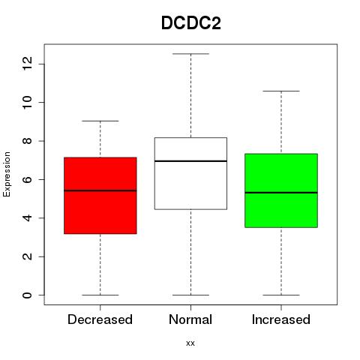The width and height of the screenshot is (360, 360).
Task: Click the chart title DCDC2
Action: click(x=191, y=22)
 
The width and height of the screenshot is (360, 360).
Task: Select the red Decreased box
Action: click(x=100, y=196)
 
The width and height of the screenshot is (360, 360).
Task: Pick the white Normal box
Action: click(x=190, y=173)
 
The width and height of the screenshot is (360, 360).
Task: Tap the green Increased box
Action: click(x=281, y=190)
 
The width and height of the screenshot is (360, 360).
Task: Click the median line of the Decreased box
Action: click(x=100, y=190)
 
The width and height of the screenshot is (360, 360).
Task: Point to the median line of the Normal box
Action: click(x=190, y=161)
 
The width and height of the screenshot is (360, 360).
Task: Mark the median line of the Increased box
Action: click(x=281, y=193)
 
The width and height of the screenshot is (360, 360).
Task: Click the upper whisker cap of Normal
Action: click(x=190, y=54)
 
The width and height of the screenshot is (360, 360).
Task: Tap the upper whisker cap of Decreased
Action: click(x=100, y=121)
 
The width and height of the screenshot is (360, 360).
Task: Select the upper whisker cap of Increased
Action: click(x=281, y=91)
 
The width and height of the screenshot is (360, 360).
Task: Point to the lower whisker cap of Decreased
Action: click(x=100, y=295)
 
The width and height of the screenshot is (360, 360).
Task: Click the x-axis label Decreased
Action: click(x=100, y=319)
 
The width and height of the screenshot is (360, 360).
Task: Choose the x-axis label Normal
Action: click(x=190, y=319)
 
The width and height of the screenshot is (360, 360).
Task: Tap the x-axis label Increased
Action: click(x=281, y=319)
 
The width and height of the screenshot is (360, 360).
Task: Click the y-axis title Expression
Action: click(x=7, y=174)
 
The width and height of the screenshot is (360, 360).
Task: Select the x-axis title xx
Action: click(x=190, y=343)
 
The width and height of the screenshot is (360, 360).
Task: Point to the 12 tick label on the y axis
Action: click(x=27, y=64)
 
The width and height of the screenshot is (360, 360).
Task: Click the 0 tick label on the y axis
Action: click(x=27, y=295)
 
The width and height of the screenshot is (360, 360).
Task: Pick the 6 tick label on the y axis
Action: click(x=27, y=179)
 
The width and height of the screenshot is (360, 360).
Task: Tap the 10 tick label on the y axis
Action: click(x=27, y=103)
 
